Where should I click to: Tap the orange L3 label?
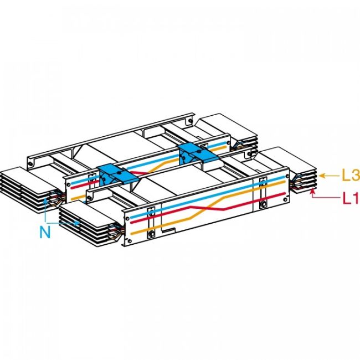coord(349,177)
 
